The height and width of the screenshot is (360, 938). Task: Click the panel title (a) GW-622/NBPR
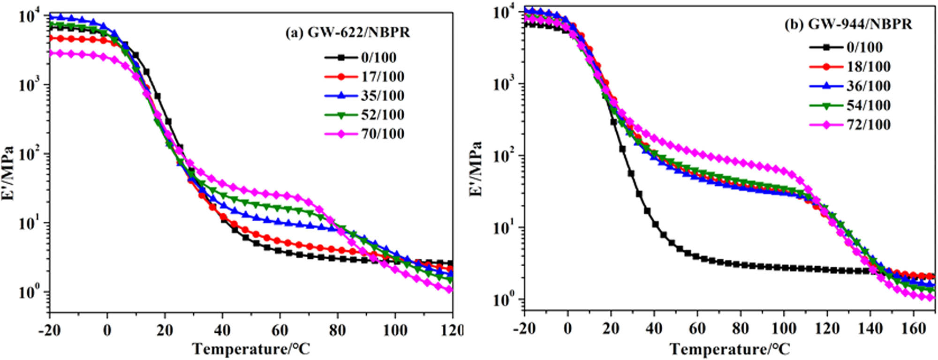click(x=348, y=33)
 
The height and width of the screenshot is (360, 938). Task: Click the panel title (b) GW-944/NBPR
click(x=848, y=24)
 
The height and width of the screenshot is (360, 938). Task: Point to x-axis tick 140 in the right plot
click(x=870, y=329)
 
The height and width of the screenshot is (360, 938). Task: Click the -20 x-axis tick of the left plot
click(x=49, y=330)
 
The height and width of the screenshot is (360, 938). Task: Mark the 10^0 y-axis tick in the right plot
click(x=505, y=299)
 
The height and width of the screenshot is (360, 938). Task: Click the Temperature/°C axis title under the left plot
click(x=251, y=349)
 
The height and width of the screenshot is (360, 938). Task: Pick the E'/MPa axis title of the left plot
click(x=8, y=173)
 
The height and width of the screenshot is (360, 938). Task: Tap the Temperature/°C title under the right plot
click(x=730, y=349)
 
